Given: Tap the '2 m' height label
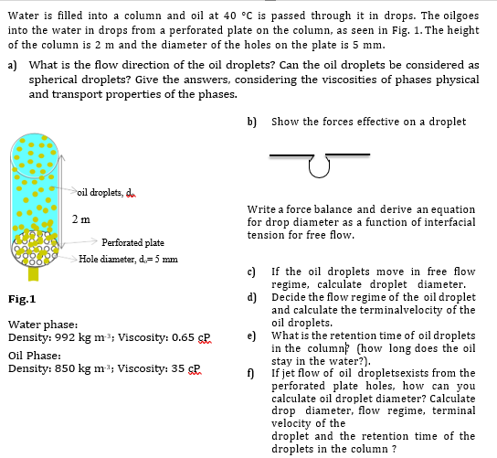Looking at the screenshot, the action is coord(80,219).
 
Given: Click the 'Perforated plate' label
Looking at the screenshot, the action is coord(133,242).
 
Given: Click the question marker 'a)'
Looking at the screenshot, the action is coord(12,65).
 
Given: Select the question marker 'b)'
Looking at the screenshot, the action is coord(252,122).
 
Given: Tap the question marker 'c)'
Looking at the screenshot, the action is coord(252,272).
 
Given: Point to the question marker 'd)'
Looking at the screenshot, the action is coord(252,296).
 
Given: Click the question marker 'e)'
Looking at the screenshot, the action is coord(252,335).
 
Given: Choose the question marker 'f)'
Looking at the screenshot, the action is coord(252,373).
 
